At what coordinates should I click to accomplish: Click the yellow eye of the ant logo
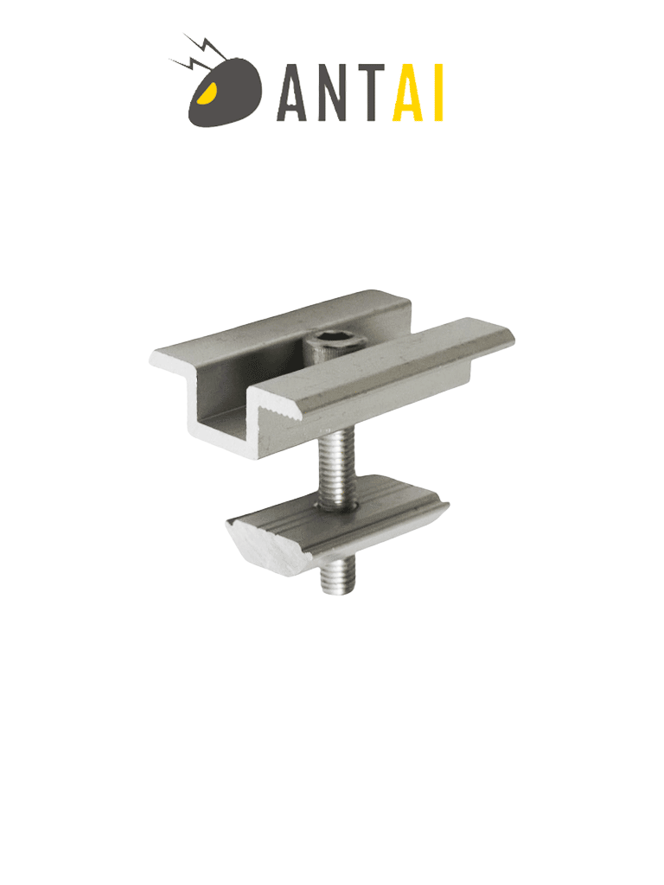coord(205,92)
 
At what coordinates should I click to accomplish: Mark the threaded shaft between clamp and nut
coord(335,467)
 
